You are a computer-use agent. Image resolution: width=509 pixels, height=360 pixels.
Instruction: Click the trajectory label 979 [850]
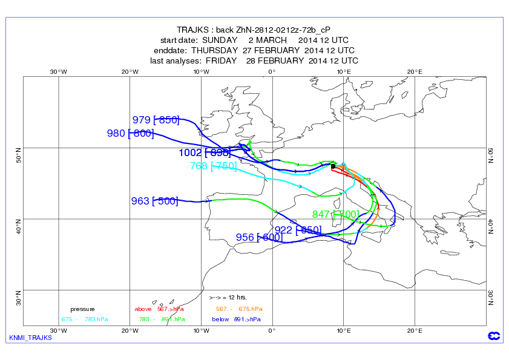pos(156,120)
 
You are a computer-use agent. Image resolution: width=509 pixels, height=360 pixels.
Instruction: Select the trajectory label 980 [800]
pos(130,134)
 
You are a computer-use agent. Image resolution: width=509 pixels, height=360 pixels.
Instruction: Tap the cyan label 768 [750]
pos(213,166)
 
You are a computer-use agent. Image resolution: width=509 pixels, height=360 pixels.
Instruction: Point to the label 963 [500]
pos(154,201)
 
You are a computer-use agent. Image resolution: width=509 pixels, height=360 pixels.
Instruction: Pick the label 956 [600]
pos(258,237)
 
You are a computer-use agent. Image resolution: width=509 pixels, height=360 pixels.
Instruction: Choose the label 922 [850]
pos(297,229)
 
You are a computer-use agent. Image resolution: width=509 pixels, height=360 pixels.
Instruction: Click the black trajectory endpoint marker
pos(333,166)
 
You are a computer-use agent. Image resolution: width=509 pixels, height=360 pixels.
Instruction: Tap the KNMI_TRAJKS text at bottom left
pos(31,338)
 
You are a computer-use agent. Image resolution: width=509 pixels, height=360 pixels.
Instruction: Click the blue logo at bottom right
pos(491,336)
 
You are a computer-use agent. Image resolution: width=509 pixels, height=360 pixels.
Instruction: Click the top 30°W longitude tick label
pos(58,71)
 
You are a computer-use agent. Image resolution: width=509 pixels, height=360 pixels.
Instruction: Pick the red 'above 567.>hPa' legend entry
pos(159,309)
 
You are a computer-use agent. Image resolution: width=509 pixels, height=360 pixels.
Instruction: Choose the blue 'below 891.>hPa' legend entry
pos(236,319)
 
